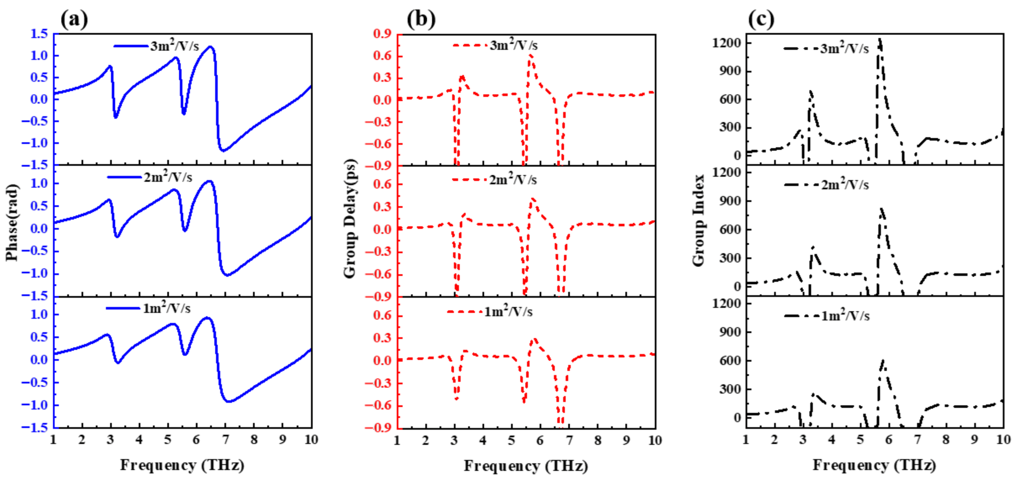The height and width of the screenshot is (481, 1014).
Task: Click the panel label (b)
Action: tap(421, 19)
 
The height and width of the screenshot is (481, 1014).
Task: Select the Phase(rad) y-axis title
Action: tap(12, 223)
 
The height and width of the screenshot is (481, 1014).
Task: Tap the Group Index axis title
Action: tap(699, 220)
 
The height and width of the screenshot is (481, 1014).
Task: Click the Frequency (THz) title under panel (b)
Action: tap(526, 466)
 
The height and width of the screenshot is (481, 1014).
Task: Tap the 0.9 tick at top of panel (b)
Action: tap(382, 34)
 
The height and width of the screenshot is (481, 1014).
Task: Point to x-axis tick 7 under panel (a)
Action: tap(225, 439)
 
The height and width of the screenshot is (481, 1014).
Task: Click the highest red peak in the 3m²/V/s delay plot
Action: tap(531, 56)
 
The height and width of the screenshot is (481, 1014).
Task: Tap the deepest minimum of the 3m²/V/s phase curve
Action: tap(223, 151)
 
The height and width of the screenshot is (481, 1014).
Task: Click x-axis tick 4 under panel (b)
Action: tap(483, 440)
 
